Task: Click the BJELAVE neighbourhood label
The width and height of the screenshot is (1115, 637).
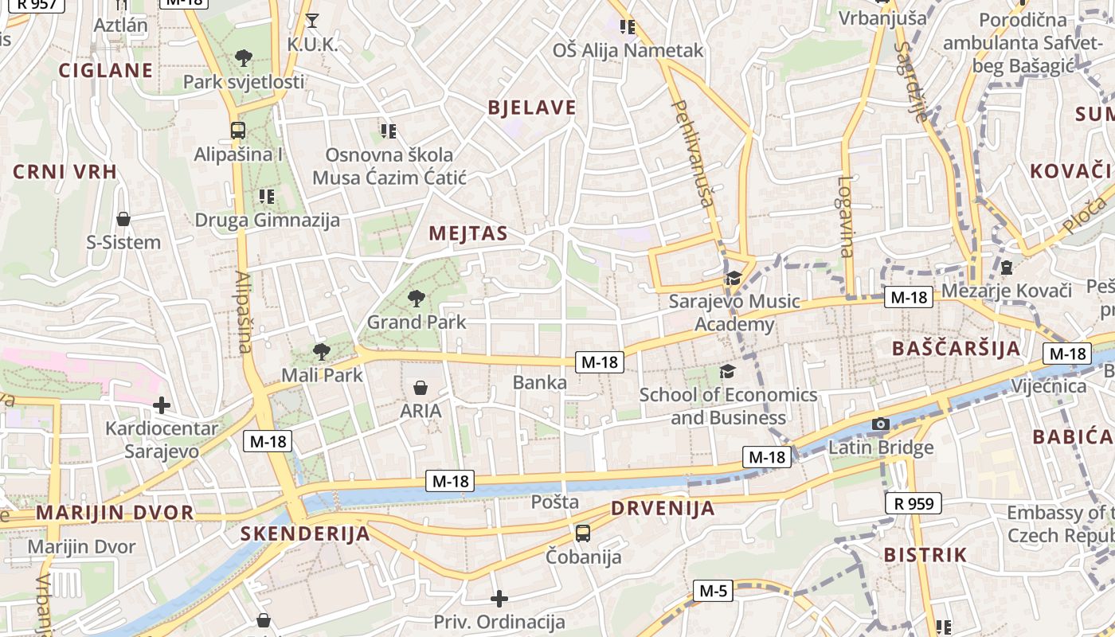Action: pos(531,108)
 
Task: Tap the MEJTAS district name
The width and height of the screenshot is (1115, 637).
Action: pos(468,233)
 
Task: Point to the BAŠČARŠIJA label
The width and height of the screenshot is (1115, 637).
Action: pos(956,348)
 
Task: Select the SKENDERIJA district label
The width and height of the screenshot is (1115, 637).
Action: pos(306,533)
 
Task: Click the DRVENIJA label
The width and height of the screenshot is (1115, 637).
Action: pos(663,508)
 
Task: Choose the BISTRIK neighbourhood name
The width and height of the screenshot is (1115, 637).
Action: pos(925,555)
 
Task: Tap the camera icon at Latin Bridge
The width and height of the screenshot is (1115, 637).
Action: pos(880,424)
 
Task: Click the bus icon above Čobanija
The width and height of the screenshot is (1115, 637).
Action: pos(583,533)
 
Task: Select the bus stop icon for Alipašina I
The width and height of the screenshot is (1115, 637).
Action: pos(237,131)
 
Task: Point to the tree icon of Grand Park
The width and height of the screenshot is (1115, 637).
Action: pos(415,299)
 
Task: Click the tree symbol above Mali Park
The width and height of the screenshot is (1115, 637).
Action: pos(321,351)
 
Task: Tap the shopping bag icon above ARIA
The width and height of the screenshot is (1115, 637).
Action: pos(420,388)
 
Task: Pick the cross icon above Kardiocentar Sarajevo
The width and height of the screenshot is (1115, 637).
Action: pos(162,405)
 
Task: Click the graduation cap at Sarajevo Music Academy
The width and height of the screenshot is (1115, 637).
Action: pos(733,278)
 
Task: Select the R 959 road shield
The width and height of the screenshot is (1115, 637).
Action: pos(914,503)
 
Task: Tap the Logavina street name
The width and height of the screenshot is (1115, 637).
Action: pos(845,216)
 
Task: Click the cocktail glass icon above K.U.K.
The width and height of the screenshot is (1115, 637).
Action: pos(312,21)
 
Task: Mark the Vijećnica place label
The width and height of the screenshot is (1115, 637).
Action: pos(1048,386)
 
